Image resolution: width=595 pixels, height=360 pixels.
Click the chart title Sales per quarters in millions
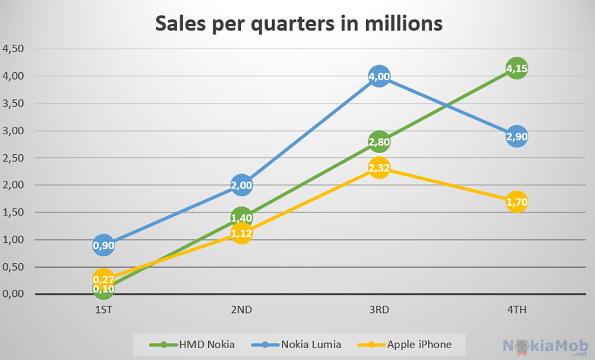pos(299,23)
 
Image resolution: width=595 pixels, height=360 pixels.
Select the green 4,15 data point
pos(516,68)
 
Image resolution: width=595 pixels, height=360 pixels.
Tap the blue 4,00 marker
pos(379,76)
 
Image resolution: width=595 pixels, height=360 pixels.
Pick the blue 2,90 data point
pos(516,136)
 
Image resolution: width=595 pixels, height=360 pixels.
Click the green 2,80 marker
pos(379,142)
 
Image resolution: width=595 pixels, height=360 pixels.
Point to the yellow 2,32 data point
pos(379,168)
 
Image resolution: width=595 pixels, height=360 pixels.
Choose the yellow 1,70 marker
pos(516,202)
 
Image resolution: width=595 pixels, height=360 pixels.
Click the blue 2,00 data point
pos(241,186)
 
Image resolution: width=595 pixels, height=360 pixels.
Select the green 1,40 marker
pos(241,218)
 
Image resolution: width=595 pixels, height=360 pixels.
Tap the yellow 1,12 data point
pos(241,233)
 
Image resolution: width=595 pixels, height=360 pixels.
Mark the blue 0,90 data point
pos(104,245)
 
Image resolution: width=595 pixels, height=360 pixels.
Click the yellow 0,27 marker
pos(104,279)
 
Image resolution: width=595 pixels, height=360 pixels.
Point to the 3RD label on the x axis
pos(379,310)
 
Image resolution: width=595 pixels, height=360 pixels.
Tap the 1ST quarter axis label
pos(104,310)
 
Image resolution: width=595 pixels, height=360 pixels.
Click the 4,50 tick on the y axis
pos(13,49)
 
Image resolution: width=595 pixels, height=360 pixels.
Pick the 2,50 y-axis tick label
pos(13,158)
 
